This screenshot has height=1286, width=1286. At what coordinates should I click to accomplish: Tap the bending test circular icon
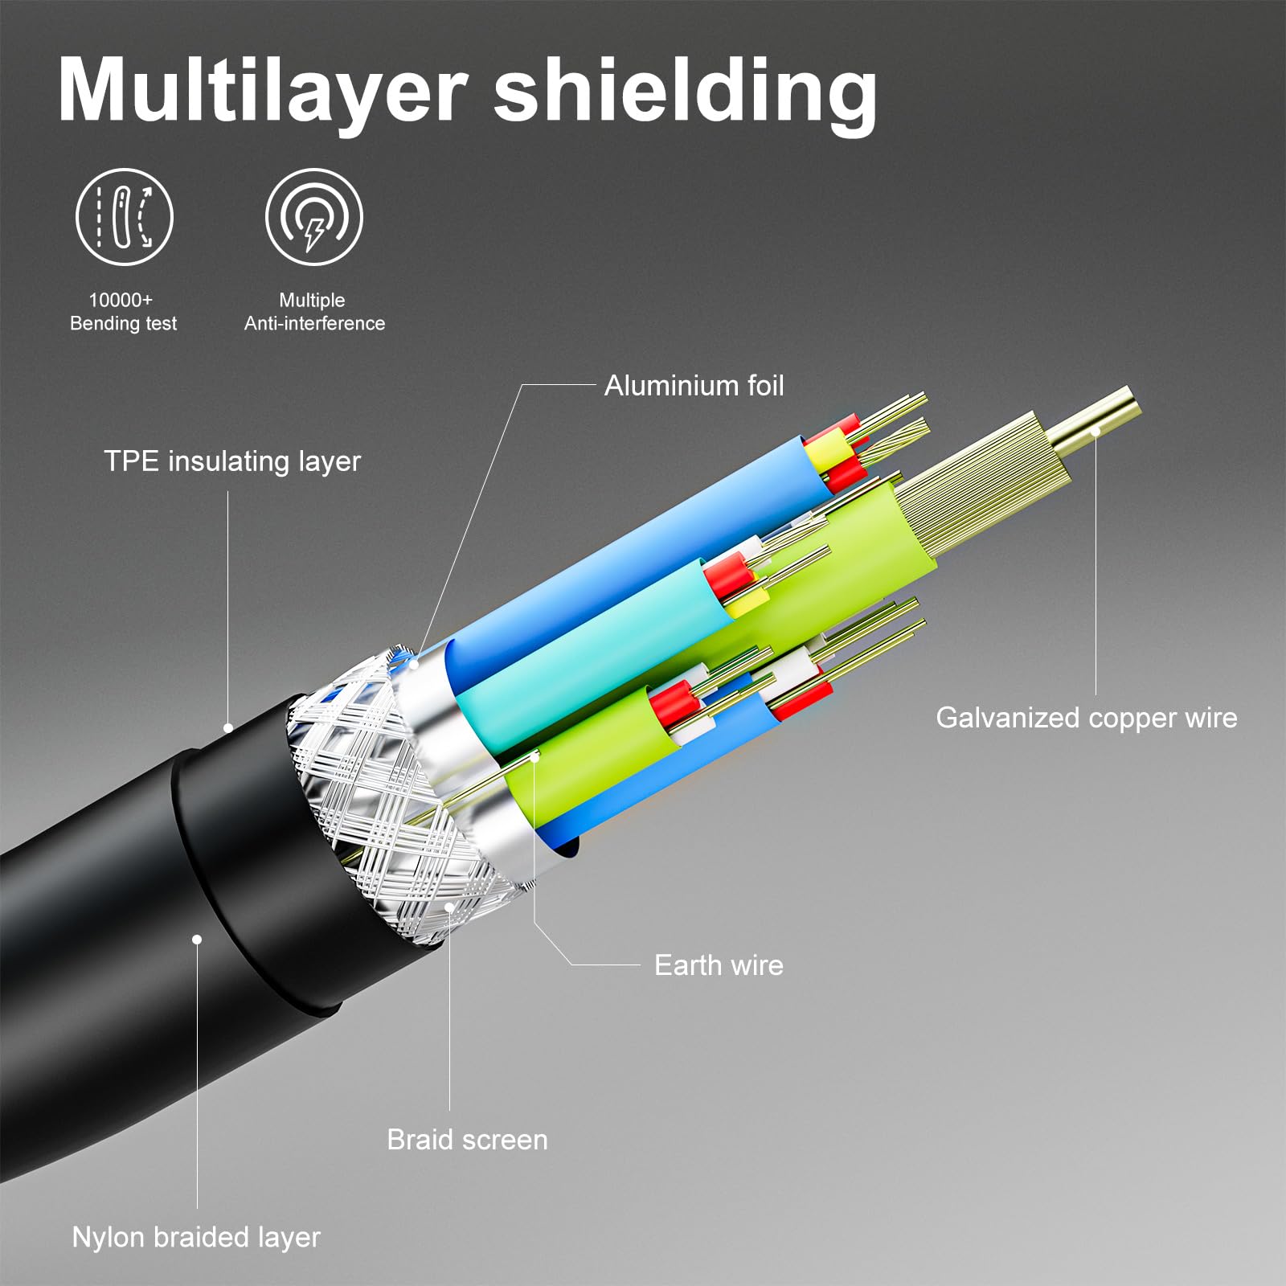pyautogui.click(x=124, y=217)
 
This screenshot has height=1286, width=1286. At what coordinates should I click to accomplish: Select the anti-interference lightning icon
pyautogui.click(x=314, y=217)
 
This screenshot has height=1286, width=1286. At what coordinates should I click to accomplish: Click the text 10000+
pyautogui.click(x=121, y=300)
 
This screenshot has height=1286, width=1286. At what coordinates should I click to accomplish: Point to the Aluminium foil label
pyautogui.click(x=694, y=386)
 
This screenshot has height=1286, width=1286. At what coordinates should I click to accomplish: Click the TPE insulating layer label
pyautogui.click(x=232, y=461)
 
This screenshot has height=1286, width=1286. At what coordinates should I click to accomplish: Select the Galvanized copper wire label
pyautogui.click(x=1086, y=718)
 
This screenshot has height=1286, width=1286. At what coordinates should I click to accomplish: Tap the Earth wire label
pyautogui.click(x=719, y=964)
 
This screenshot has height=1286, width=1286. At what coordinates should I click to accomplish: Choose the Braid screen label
pyautogui.click(x=467, y=1140)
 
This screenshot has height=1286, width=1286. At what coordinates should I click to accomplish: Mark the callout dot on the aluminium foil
pyautogui.click(x=415, y=664)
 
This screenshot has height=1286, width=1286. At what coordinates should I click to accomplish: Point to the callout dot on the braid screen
pyautogui.click(x=449, y=907)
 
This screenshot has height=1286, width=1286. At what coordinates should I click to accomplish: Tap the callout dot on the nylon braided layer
pyautogui.click(x=197, y=939)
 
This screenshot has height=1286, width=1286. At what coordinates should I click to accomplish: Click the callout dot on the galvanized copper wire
pyautogui.click(x=1095, y=432)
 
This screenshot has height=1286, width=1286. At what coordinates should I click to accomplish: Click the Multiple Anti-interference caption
pyautogui.click(x=314, y=312)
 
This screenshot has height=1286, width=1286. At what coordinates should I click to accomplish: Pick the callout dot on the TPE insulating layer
pyautogui.click(x=228, y=728)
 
